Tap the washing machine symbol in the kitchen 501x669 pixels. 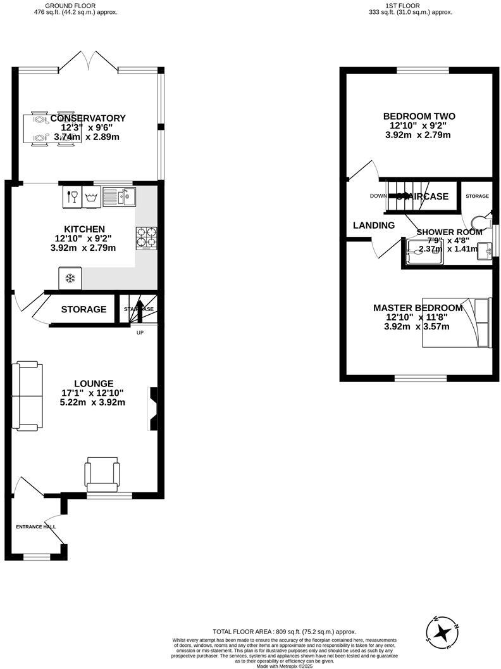(x=91, y=197)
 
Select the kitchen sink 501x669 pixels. (x=118, y=197)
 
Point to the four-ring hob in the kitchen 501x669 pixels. (x=146, y=237)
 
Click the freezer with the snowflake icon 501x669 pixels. (x=70, y=277)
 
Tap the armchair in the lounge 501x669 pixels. (x=102, y=474)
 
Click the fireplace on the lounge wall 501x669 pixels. (x=152, y=409)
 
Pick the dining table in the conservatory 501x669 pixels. (x=52, y=129)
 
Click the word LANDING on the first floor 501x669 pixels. (x=373, y=225)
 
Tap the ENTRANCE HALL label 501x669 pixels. (x=35, y=526)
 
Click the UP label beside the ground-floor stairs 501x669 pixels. (x=140, y=333)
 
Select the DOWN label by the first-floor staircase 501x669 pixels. (x=378, y=196)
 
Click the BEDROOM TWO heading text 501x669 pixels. (x=419, y=116)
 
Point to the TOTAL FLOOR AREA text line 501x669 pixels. (x=284, y=632)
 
